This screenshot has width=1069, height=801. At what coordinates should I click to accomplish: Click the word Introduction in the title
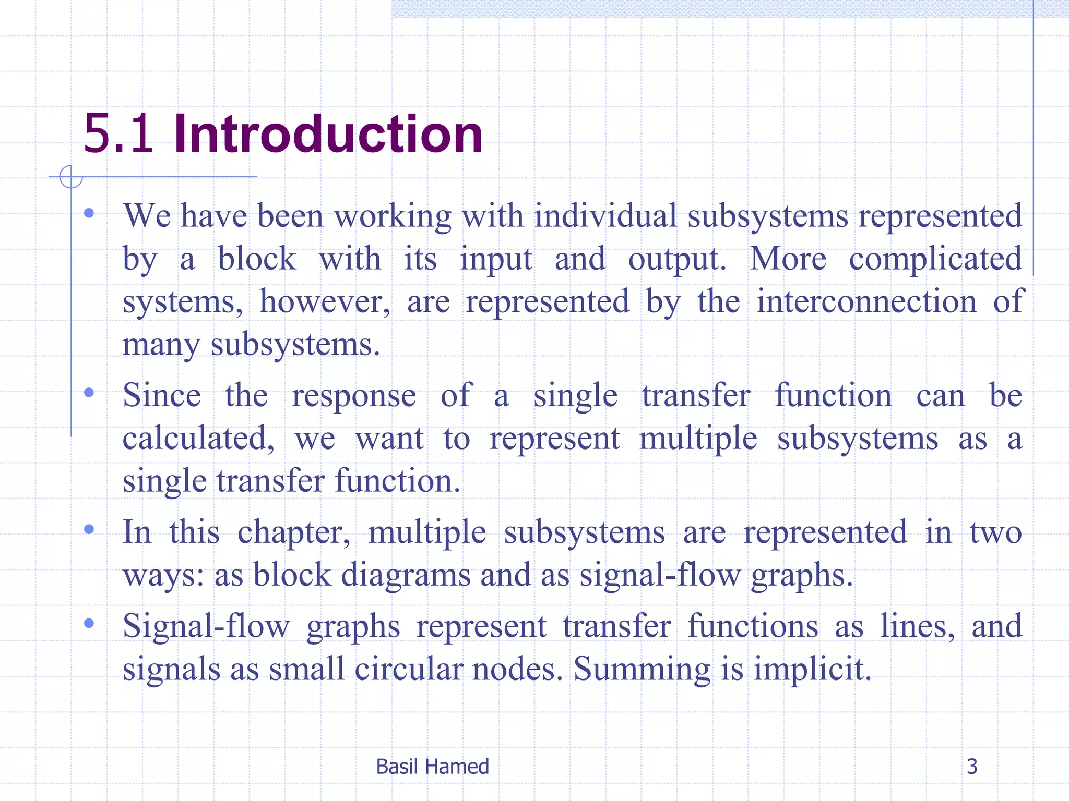[x=328, y=134]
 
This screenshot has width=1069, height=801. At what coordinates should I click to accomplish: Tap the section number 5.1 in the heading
[x=118, y=134]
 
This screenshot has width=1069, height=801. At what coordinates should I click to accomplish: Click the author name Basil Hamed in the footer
[x=432, y=767]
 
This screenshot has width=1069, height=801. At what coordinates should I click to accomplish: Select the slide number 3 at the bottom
[x=972, y=767]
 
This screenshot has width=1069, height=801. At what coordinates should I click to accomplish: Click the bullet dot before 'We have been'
[x=89, y=213]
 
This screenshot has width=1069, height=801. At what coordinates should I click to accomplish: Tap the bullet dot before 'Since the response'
[x=89, y=392]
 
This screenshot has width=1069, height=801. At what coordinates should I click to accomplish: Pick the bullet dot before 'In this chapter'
[x=89, y=529]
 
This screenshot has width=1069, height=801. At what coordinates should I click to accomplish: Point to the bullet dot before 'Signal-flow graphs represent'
[x=89, y=623]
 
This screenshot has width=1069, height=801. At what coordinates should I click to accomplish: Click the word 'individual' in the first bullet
[x=605, y=215]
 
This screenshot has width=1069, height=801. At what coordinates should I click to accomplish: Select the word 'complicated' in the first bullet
[x=935, y=259]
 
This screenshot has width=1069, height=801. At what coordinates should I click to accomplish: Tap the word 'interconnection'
[x=866, y=301]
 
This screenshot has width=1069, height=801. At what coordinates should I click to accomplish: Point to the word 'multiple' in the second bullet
[x=698, y=439]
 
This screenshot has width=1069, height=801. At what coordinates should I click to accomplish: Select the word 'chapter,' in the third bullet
[x=294, y=532]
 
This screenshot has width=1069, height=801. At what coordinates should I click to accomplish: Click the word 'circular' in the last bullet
[x=408, y=669]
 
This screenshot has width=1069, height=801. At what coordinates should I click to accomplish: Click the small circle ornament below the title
[x=71, y=177]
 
